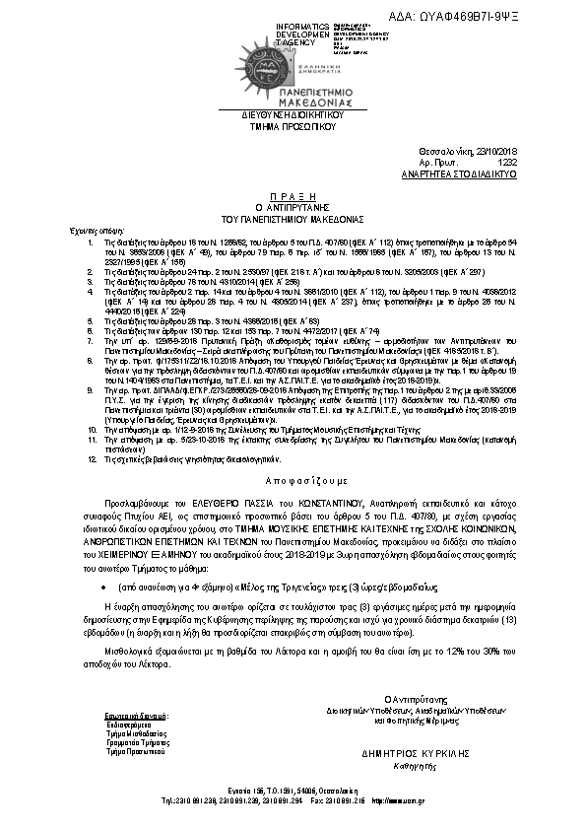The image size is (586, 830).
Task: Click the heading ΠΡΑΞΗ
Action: (x=293, y=197)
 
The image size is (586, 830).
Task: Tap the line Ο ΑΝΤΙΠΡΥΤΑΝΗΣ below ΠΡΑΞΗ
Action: (x=293, y=207)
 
